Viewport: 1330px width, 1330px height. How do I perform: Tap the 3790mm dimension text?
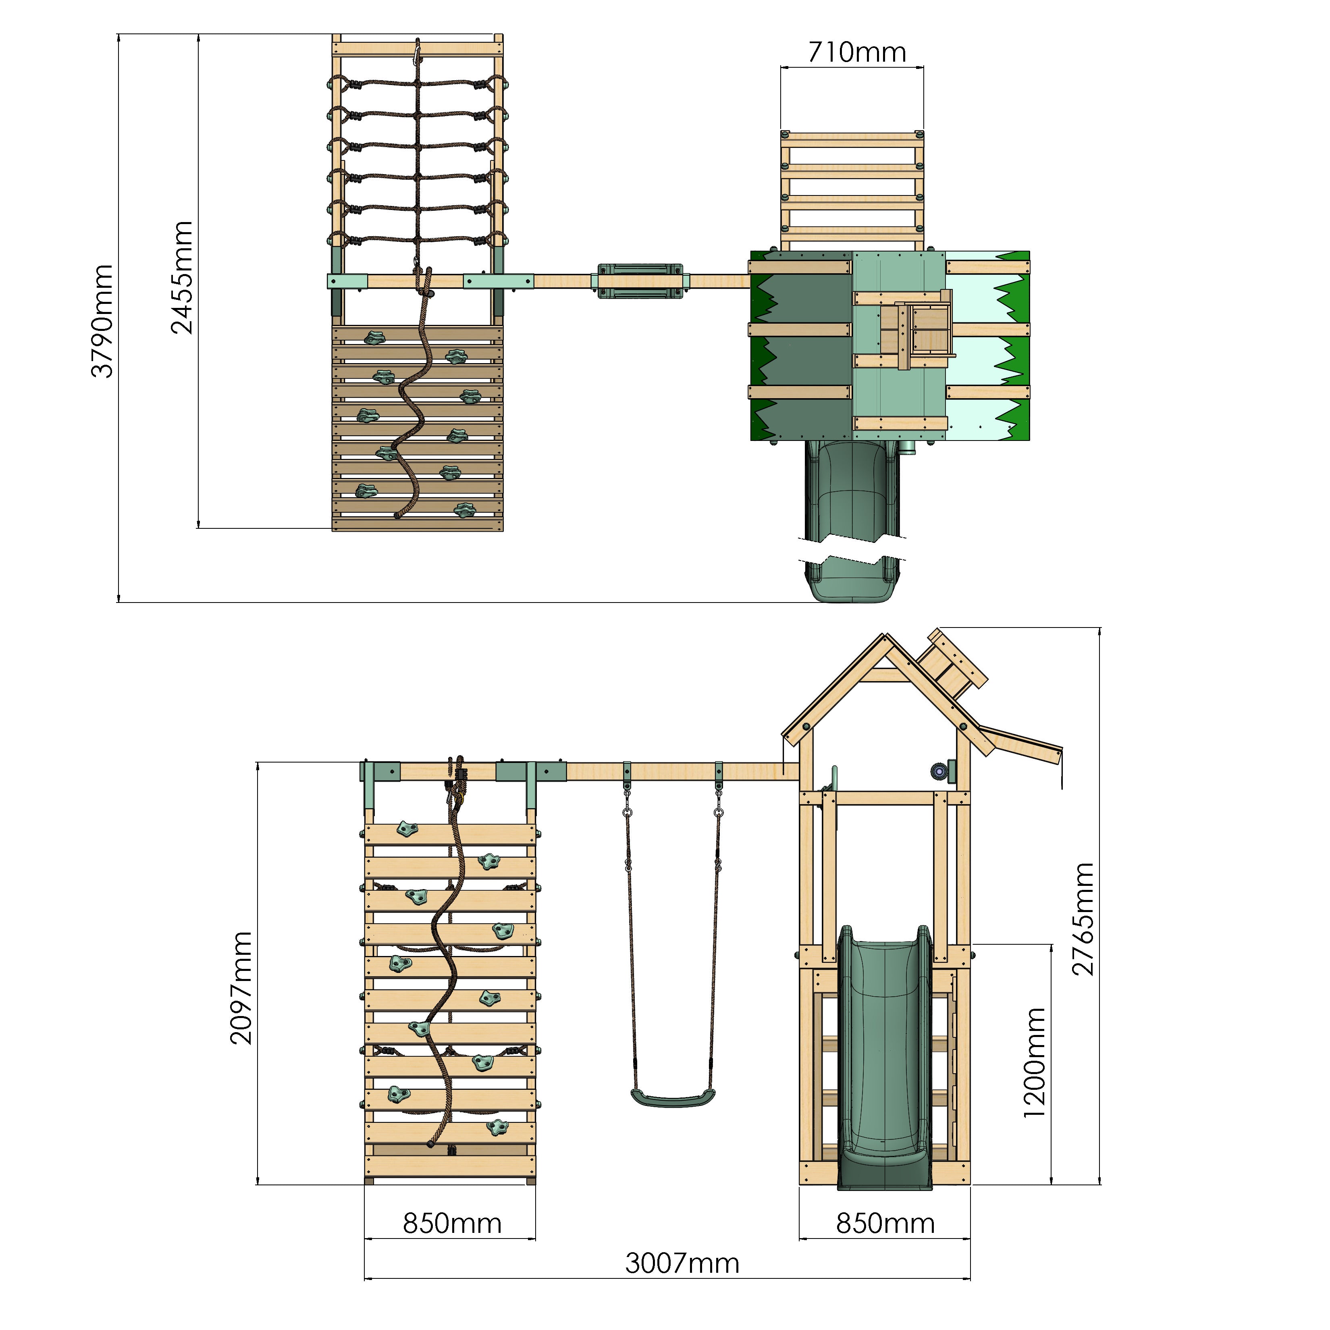(x=103, y=321)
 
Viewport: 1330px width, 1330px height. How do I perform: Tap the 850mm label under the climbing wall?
(x=451, y=1223)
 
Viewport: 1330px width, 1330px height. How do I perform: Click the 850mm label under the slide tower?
(x=885, y=1223)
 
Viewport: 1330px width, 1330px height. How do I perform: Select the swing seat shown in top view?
(x=640, y=281)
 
